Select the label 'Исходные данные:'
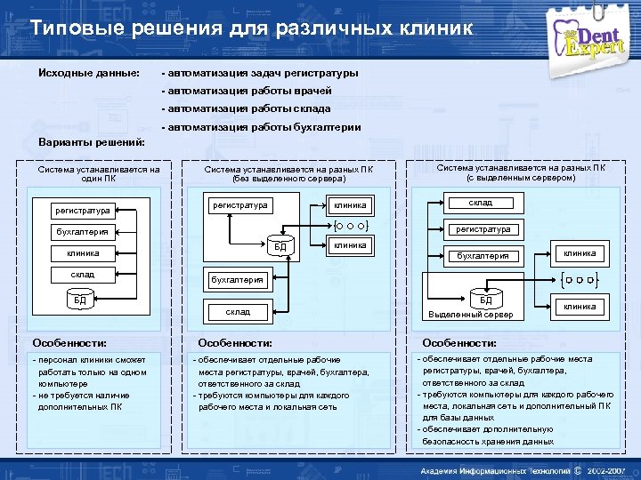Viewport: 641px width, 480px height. point(88,72)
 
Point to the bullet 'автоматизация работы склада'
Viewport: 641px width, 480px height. point(246,108)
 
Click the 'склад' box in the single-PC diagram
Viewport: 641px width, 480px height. point(82,275)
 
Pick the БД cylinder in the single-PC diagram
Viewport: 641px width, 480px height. point(81,300)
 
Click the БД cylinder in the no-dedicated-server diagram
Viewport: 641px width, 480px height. point(280,245)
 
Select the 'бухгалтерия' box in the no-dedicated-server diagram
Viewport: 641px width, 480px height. point(237,280)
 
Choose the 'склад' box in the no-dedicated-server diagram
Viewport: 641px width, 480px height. point(238,312)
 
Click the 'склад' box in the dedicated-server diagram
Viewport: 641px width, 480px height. point(481,204)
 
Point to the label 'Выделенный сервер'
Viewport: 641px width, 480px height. point(469,316)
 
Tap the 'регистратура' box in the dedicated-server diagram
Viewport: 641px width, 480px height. point(483,229)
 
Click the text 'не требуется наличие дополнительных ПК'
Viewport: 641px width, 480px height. point(81,401)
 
